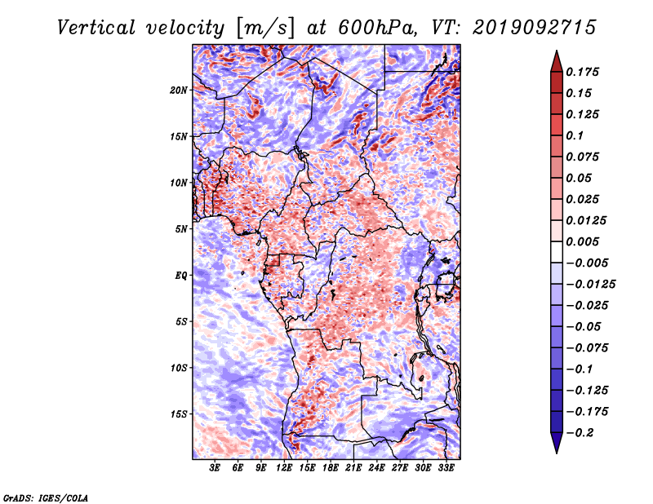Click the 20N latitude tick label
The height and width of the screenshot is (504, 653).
tap(178, 90)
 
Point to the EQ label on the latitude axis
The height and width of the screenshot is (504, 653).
tap(180, 276)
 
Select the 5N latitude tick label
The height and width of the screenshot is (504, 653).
tap(180, 229)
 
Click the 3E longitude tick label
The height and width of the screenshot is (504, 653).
tap(215, 468)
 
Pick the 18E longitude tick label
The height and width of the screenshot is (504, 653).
tap(331, 468)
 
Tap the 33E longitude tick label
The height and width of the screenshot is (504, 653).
tap(446, 468)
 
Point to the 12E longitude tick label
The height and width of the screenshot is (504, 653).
tap(284, 468)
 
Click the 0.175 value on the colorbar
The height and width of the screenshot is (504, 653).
tap(582, 72)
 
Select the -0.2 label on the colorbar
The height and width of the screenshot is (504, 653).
tap(580, 433)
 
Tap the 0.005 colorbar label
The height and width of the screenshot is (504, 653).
tap(582, 241)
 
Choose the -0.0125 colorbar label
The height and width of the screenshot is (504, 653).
tap(590, 285)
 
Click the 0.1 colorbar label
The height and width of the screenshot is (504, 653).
tap(575, 135)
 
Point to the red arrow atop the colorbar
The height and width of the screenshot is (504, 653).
tap(557, 61)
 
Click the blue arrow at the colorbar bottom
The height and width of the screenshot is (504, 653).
tap(557, 443)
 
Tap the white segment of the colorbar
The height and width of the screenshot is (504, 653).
tap(557, 252)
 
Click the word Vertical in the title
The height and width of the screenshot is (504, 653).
tap(96, 28)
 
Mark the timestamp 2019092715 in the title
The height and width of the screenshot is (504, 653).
tap(535, 28)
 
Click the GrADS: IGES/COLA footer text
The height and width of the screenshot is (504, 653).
tap(46, 497)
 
